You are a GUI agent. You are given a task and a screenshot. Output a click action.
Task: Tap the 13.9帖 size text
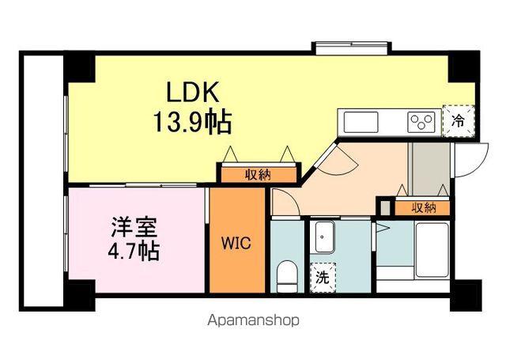192,123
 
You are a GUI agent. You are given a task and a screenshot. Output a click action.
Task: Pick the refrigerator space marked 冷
457,122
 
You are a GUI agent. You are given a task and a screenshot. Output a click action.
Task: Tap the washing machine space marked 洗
323,278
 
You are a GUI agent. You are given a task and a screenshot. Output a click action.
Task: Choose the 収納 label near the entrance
423,207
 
